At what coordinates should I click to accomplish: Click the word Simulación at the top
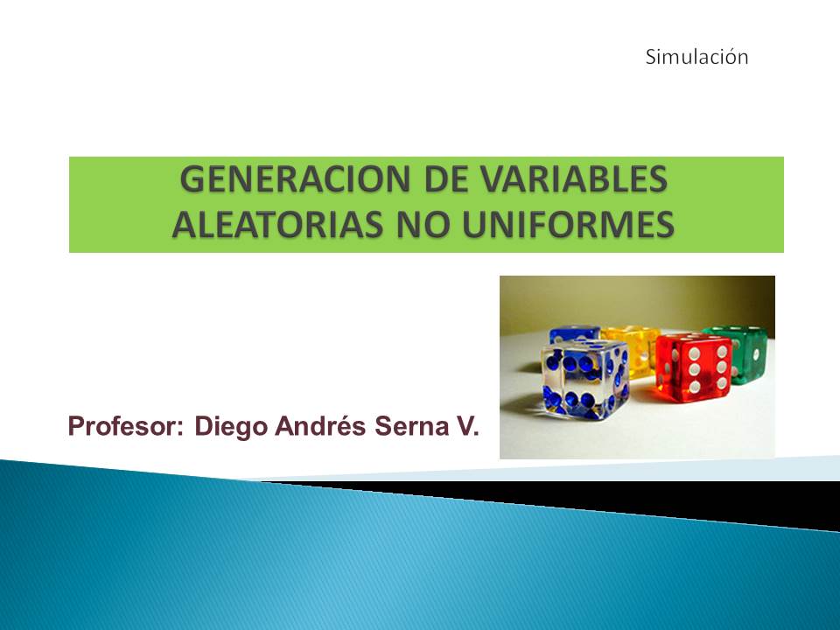[x=696, y=57]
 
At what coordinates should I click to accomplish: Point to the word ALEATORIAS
[x=277, y=225]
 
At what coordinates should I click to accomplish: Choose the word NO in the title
[x=422, y=225]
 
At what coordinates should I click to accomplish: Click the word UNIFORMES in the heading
[x=567, y=225]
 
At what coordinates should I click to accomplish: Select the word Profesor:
[x=126, y=426]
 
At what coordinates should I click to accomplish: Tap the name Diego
[x=231, y=427]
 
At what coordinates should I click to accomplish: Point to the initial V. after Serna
[x=467, y=426]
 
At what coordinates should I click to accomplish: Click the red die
[x=694, y=368]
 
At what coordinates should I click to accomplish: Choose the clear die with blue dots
[x=585, y=379]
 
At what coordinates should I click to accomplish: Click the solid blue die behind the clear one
[x=574, y=333]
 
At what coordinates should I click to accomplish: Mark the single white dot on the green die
[x=756, y=354]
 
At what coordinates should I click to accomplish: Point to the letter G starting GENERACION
[x=192, y=179]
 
